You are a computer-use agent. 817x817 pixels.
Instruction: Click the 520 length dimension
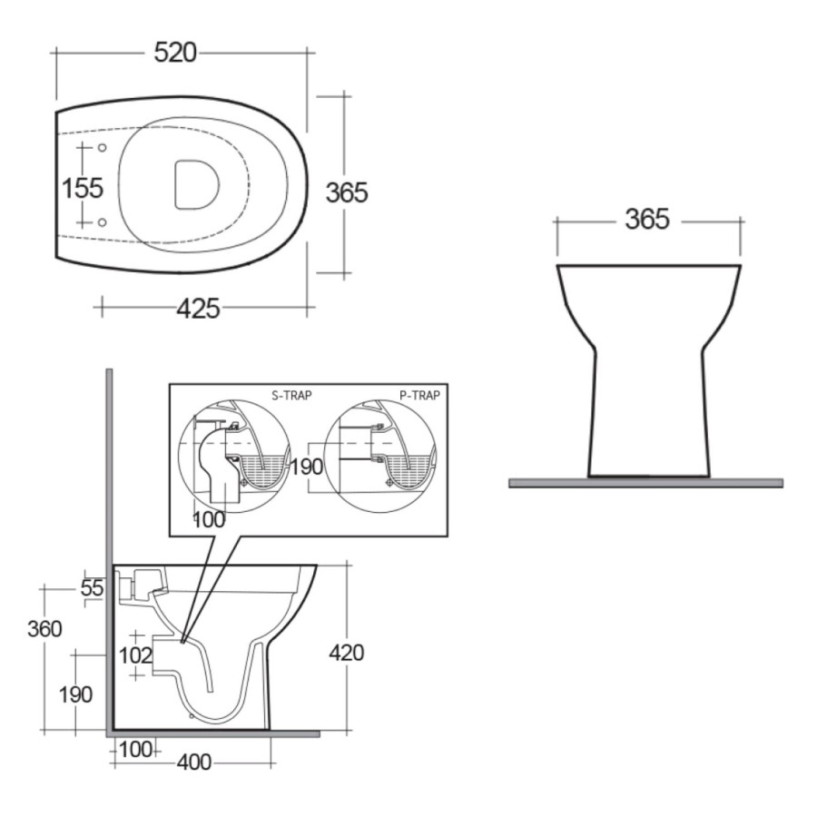tap(175, 53)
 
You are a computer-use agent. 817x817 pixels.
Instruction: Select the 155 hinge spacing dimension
tap(83, 188)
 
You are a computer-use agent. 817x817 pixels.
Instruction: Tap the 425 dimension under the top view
tap(198, 309)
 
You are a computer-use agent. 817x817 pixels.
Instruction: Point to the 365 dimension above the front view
tap(646, 219)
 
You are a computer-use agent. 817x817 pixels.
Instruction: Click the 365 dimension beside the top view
tap(347, 192)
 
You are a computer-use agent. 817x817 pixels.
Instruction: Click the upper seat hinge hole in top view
tap(102, 148)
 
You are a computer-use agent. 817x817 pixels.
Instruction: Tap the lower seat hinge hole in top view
tap(102, 221)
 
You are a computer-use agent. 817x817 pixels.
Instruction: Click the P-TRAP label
tap(419, 396)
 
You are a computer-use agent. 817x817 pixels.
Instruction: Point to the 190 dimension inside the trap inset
tap(306, 468)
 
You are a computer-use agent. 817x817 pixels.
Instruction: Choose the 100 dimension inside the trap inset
tap(208, 519)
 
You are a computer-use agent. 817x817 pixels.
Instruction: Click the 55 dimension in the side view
tap(93, 587)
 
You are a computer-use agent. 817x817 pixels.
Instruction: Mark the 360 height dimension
tap(44, 629)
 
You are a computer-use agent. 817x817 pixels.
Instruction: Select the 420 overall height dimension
tap(346, 653)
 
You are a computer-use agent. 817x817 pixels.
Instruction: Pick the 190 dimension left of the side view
tap(75, 694)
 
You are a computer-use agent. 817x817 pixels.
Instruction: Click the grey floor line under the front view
tap(645, 482)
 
